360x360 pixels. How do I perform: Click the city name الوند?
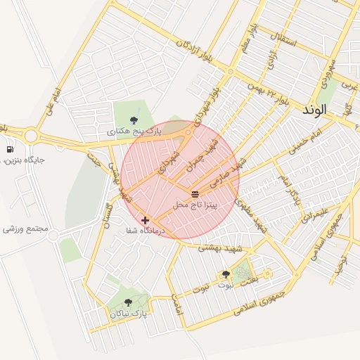click(x=314, y=110)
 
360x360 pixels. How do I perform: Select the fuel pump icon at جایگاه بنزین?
click(x=10, y=149)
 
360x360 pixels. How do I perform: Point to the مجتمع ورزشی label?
click(x=25, y=229)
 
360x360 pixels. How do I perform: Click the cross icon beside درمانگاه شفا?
click(x=145, y=220)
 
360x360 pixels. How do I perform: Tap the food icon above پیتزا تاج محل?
click(x=195, y=193)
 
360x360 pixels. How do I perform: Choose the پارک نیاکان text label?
click(x=128, y=314)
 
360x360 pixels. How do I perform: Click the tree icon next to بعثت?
click(x=226, y=274)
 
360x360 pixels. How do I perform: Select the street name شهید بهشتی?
click(x=219, y=247)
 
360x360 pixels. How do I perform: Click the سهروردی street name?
click(x=328, y=71)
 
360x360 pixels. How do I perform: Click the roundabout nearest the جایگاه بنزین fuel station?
click(x=31, y=135)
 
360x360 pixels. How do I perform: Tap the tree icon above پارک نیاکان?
click(x=127, y=303)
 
